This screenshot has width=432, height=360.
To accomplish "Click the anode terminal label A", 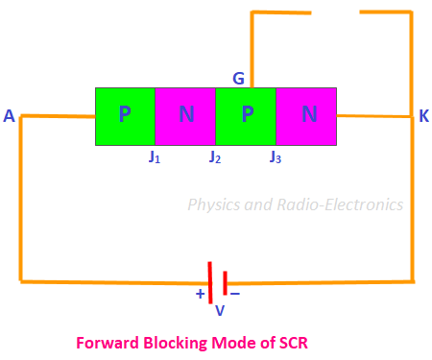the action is [x=9, y=116].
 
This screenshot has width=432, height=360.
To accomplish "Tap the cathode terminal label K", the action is [x=424, y=116].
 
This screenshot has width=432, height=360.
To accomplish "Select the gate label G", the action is [x=238, y=78].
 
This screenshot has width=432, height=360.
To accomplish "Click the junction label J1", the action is [x=155, y=156].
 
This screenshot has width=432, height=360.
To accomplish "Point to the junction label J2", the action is [x=215, y=156].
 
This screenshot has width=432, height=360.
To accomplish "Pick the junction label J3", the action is [x=276, y=156].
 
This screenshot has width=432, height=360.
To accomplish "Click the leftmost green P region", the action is [x=125, y=116].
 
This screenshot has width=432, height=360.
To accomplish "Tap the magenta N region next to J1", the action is [x=185, y=116].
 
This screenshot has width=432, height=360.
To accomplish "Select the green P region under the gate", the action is [x=246, y=116].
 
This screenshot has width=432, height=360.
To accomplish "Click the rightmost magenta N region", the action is [x=306, y=116].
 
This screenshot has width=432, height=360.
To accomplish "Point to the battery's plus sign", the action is [x=200, y=294].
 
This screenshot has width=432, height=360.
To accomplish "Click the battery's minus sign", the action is [x=235, y=293].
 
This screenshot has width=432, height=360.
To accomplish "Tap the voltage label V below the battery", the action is [x=220, y=310].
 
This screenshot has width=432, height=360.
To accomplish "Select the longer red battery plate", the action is [x=210, y=282].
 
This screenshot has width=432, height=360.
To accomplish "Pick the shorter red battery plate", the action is [x=226, y=283].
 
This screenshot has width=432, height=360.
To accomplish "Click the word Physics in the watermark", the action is [x=214, y=204].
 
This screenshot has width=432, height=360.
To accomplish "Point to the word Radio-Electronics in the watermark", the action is [x=340, y=204].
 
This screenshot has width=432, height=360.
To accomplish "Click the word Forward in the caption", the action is [x=108, y=343].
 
